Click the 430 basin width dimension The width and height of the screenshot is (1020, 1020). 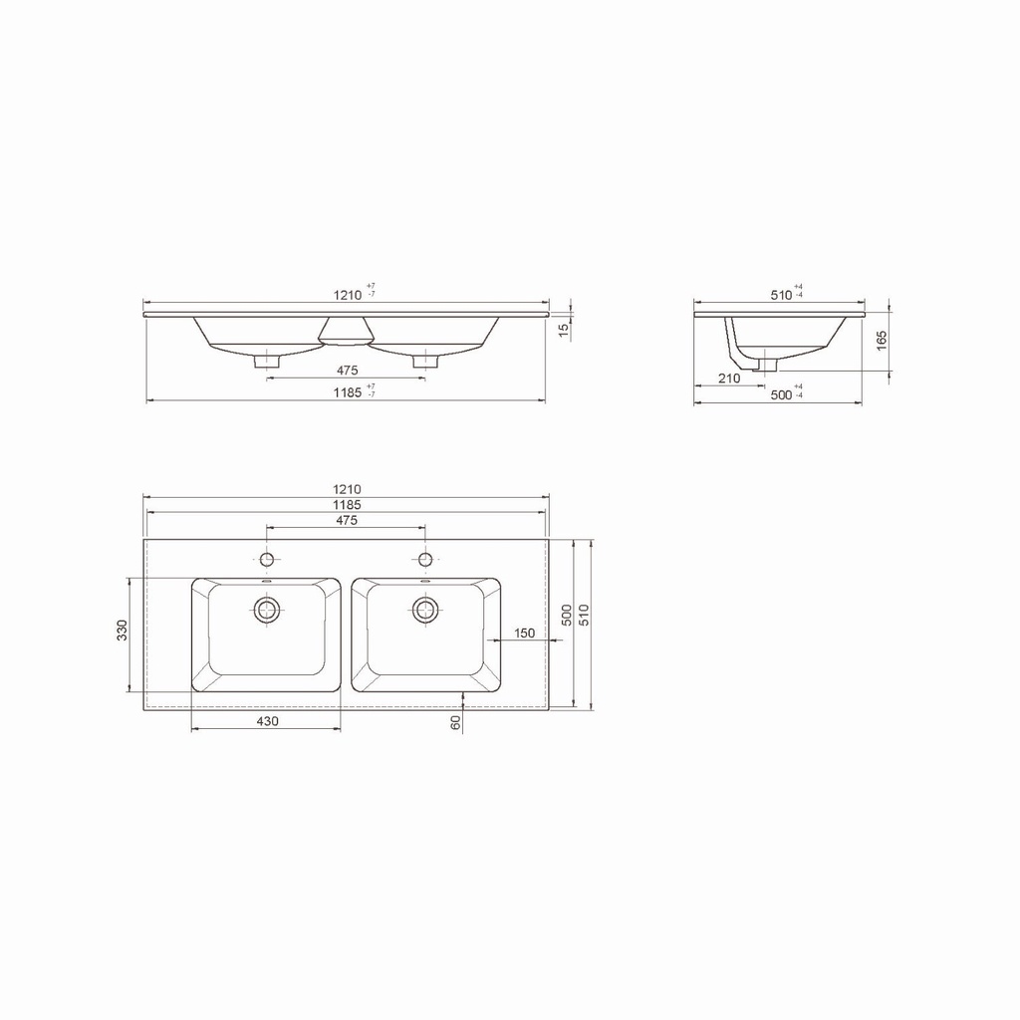tap(267, 721)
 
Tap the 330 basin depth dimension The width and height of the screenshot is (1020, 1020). tap(123, 631)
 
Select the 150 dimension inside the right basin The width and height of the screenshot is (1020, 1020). tap(524, 633)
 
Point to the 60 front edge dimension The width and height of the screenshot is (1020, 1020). tap(455, 722)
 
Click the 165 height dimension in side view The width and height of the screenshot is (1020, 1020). tap(882, 341)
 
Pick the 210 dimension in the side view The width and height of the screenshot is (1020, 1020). tap(729, 378)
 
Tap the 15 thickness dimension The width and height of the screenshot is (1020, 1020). tap(564, 329)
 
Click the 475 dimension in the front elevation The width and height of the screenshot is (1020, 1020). tap(347, 371)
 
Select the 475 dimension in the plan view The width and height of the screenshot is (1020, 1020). tap(347, 520)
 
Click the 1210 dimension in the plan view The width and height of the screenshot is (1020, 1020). tap(347, 489)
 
